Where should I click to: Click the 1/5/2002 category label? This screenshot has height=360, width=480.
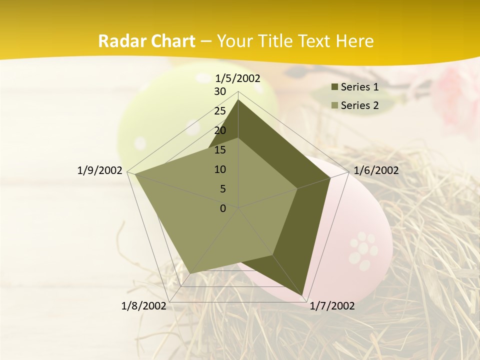coord(237,78)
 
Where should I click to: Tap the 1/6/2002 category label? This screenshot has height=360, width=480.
coord(376,170)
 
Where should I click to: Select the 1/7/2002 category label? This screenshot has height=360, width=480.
coord(332,306)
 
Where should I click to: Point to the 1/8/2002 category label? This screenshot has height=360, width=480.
coord(143,306)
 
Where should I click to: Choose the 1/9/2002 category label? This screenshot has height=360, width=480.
coord(99,170)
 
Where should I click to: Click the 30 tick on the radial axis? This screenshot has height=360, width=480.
coord(220,91)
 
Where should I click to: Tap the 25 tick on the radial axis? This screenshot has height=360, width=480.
coord(220,111)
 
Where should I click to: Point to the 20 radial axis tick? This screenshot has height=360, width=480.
coord(220,130)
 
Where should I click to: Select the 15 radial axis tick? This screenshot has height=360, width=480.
coord(220,150)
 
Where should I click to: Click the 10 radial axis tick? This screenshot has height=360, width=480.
coord(220,169)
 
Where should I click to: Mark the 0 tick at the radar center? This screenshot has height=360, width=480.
coord(223,208)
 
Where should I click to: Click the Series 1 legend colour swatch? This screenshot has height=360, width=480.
coord(334,87)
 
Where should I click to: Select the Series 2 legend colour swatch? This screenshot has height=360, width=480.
coord(334,105)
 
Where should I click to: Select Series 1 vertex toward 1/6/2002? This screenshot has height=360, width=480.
coord(330,177)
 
